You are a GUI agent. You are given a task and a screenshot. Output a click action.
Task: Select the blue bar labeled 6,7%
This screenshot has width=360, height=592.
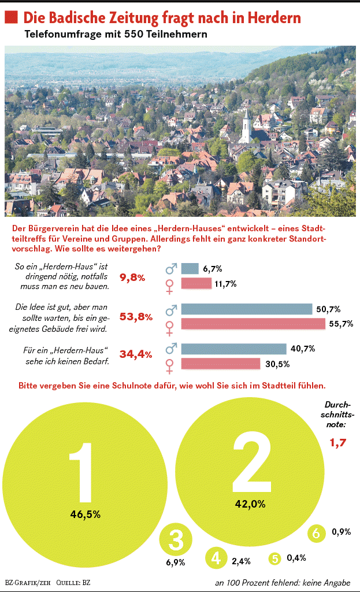click(190, 269)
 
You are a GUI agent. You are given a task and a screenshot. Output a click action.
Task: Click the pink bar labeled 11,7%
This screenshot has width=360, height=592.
click(196, 284)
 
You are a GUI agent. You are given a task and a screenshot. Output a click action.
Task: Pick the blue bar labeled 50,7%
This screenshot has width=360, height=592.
click(247, 309)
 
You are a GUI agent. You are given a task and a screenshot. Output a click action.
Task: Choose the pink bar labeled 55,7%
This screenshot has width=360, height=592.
click(253, 324)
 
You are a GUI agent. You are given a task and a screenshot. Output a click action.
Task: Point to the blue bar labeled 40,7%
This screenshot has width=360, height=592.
click(234, 349)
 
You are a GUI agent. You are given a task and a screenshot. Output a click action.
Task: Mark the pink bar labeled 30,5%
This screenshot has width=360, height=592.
click(221, 364)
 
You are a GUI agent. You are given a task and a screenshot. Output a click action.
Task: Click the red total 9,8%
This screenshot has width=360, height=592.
click(132, 277)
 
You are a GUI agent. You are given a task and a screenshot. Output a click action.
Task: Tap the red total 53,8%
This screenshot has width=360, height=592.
click(136, 316)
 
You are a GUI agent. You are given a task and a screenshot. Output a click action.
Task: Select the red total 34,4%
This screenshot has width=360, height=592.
click(136, 354)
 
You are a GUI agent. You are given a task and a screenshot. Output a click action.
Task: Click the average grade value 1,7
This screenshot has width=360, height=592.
click(338, 443)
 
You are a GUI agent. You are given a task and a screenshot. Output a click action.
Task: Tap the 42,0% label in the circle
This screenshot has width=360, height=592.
click(250, 504)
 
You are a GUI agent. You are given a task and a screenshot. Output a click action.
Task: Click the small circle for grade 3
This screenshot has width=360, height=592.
click(175, 540)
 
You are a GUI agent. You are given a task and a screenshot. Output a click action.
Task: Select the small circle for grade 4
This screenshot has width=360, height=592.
click(216, 558)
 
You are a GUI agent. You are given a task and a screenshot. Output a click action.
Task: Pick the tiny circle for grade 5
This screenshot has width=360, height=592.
click(275, 558)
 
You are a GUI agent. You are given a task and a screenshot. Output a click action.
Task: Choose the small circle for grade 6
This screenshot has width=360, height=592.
click(316, 533)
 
